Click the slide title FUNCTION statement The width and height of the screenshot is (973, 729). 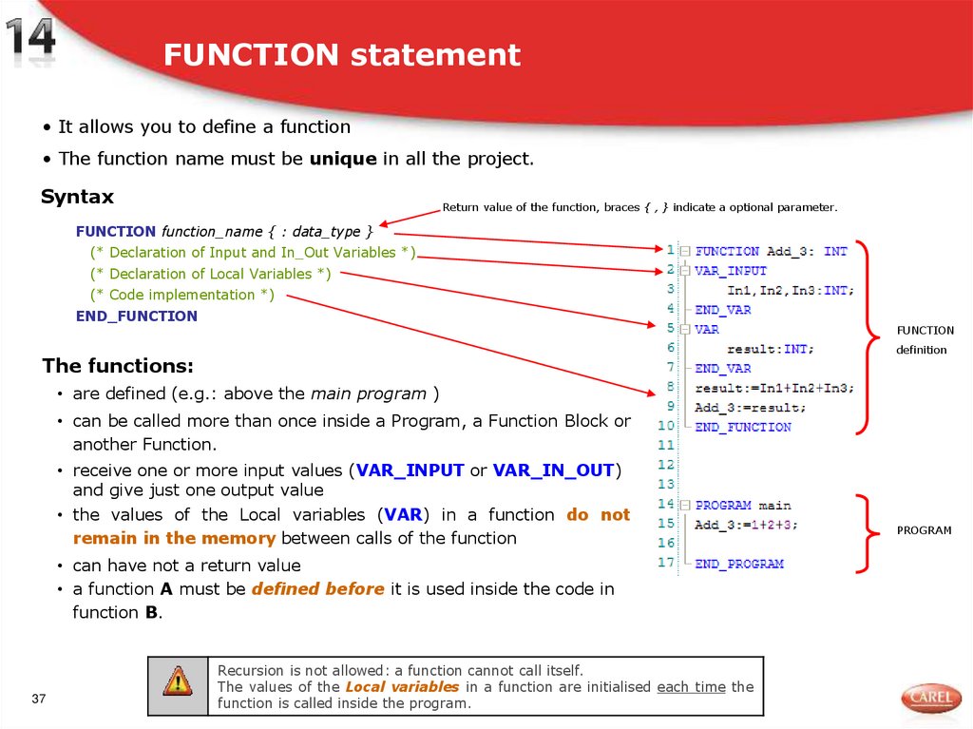coord(341,55)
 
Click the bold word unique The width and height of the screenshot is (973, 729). coord(343,159)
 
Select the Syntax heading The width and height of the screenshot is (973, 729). coord(77,197)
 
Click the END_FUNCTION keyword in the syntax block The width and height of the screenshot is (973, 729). coord(137,316)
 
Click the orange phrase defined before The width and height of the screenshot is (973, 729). coord(318,589)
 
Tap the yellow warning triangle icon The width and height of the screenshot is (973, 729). coord(177,681)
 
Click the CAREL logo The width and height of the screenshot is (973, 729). coord(931,699)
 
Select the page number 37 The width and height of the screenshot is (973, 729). coord(39,700)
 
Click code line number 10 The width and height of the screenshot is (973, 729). coord(665,427)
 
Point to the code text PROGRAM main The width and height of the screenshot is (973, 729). coord(743,506)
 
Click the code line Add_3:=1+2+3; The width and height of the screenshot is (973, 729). coord(747,525)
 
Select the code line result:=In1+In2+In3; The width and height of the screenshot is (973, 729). coord(774,388)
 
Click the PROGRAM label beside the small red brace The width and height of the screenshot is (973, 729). coord(924,530)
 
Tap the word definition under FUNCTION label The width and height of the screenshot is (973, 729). coord(921,350)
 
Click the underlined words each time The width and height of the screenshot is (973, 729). coord(691,686)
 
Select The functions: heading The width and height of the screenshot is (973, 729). coord(118,366)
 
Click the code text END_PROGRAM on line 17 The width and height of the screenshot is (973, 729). coord(739,564)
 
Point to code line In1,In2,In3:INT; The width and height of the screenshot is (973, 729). coord(791,291)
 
